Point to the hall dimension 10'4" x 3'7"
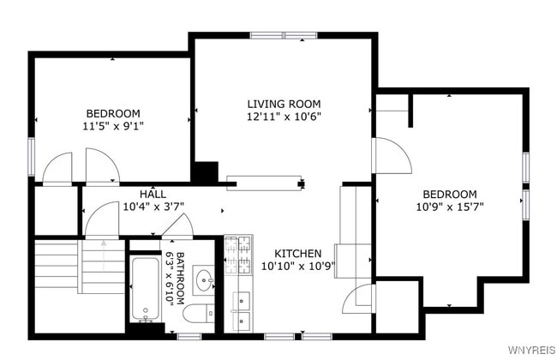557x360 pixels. [153, 207]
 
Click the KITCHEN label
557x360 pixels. [297, 254]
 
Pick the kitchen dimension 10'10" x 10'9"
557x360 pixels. [297, 267]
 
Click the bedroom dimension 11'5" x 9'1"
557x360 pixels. [112, 126]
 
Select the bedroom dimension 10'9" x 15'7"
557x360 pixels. [446, 207]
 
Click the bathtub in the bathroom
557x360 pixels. [145, 289]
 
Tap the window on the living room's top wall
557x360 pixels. [284, 36]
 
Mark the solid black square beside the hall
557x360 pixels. [205, 172]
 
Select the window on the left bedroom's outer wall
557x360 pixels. [32, 155]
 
